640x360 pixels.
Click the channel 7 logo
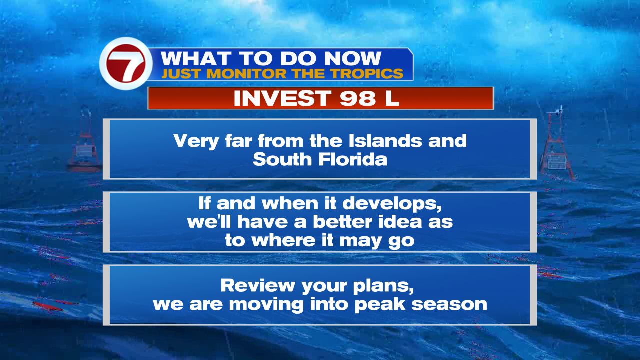pyautogui.click(x=125, y=63)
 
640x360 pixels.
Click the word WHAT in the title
pyautogui.click(x=196, y=59)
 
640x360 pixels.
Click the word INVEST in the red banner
pyautogui.click(x=282, y=98)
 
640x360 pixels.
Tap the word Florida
pyautogui.click(x=353, y=159)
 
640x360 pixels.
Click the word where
pyautogui.click(x=283, y=240)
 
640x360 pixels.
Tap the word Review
pyautogui.click(x=258, y=285)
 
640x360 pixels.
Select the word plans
pyautogui.click(x=383, y=286)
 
